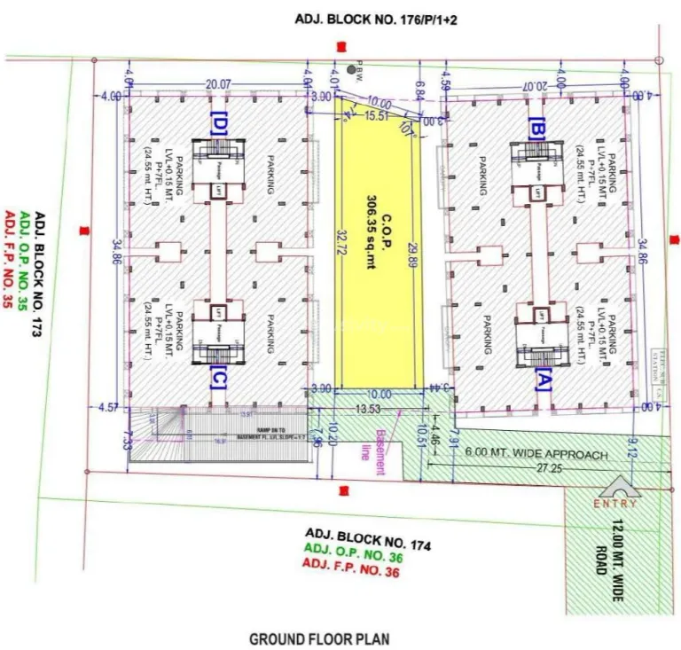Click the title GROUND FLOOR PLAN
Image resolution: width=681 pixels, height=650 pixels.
point(318,638)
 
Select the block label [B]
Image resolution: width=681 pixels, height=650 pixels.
point(536,128)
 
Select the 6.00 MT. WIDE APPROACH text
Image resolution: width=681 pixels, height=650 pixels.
point(537,454)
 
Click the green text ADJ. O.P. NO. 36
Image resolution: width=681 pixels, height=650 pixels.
point(352,548)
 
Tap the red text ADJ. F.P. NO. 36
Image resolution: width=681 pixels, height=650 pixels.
point(351,561)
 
